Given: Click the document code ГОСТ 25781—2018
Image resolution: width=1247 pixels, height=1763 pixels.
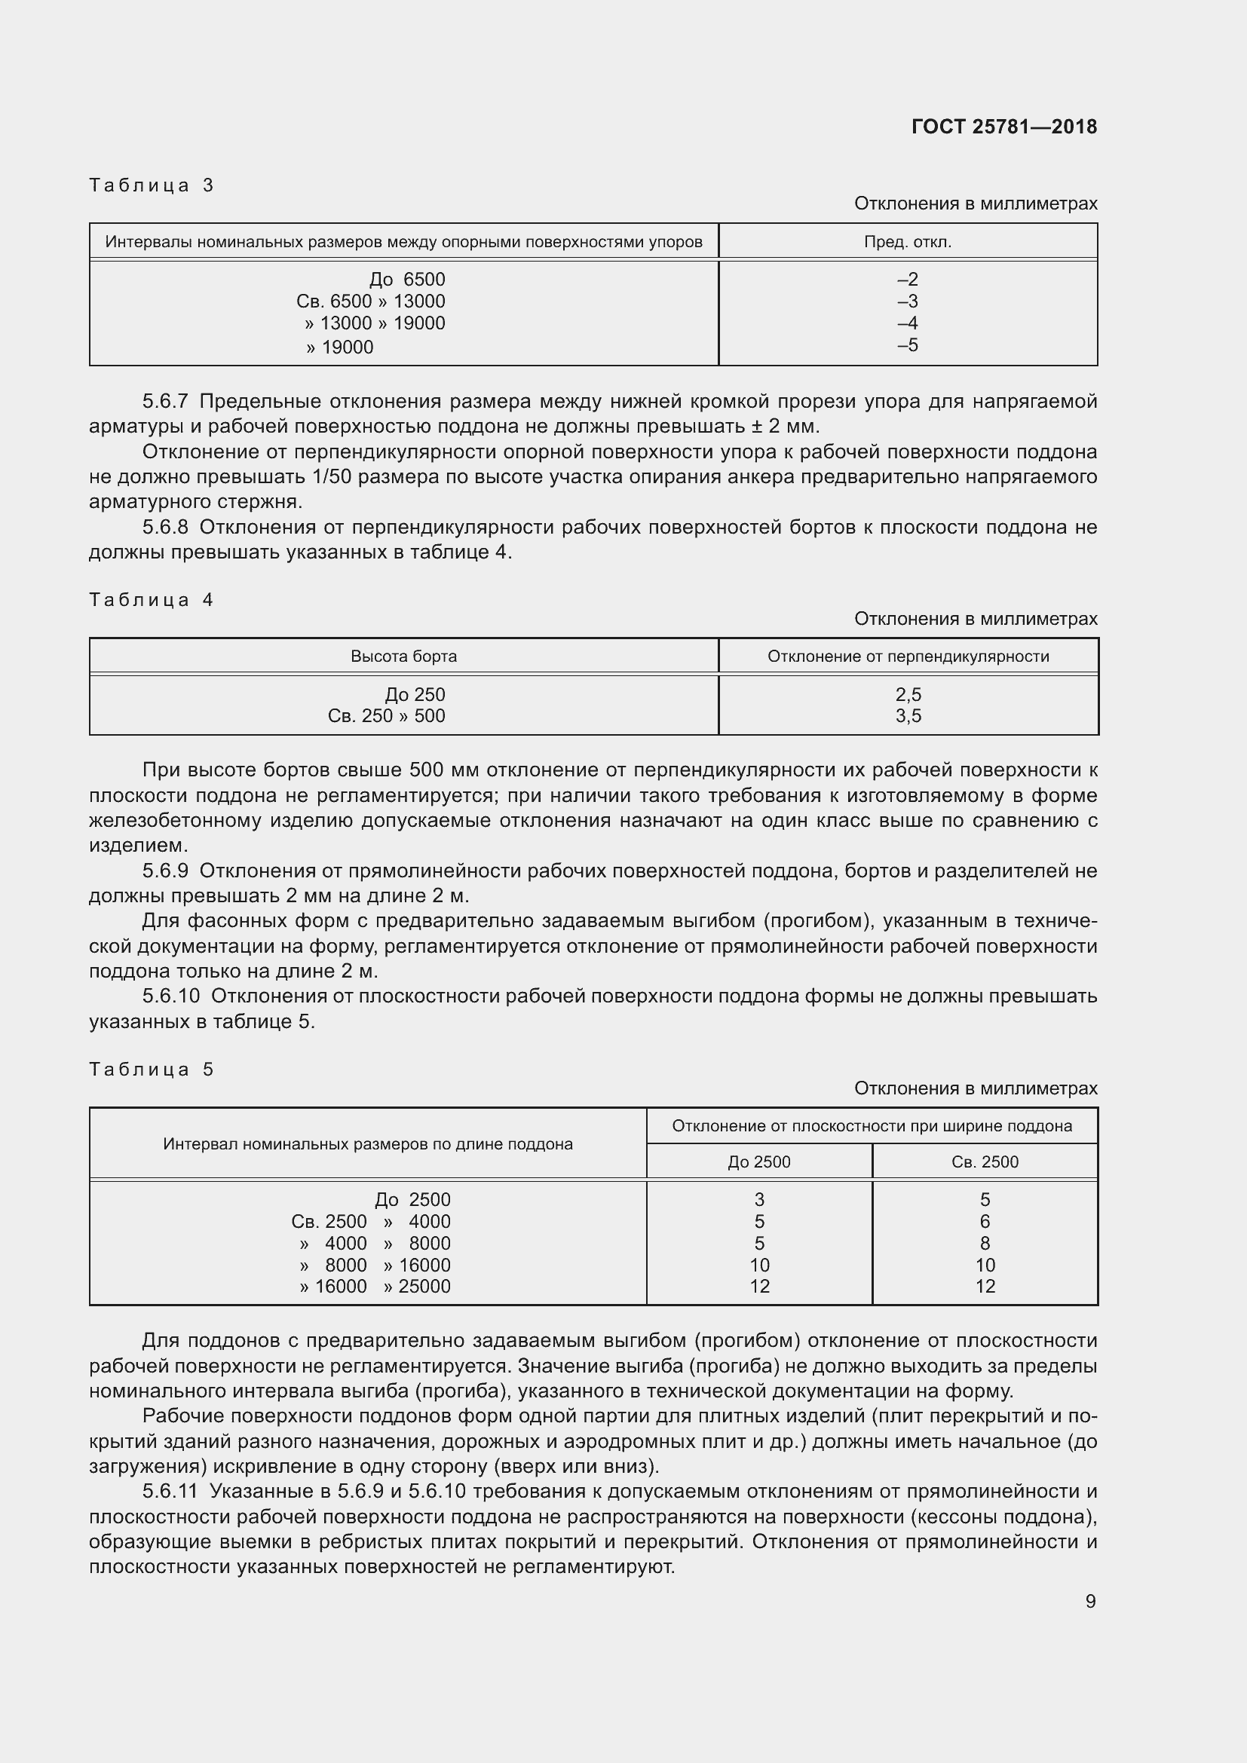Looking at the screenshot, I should pyautogui.click(x=1003, y=127).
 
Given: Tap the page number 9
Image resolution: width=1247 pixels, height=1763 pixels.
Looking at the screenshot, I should pyautogui.click(x=1090, y=1601).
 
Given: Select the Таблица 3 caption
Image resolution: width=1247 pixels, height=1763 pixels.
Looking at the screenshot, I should pyautogui.click(x=152, y=185).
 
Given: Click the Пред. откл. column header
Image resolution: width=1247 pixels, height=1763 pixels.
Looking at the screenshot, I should pyautogui.click(x=908, y=242).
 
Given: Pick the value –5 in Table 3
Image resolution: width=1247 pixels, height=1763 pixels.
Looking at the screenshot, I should pyautogui.click(x=908, y=344).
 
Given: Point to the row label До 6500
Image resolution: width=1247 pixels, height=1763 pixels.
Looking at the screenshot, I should pyautogui.click(x=407, y=280).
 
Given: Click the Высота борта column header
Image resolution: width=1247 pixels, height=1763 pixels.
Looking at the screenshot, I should pyautogui.click(x=404, y=657).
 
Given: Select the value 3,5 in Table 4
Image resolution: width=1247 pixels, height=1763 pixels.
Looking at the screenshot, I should pyautogui.click(x=908, y=715).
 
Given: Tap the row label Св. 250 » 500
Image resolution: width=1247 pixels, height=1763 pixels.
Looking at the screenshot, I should pyautogui.click(x=386, y=715).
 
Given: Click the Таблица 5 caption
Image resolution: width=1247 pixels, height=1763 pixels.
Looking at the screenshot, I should pyautogui.click(x=152, y=1070).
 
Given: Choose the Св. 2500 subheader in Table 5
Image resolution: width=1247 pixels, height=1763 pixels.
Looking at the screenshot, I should pyautogui.click(x=985, y=1162).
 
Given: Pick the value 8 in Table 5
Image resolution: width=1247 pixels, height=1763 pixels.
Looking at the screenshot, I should pyautogui.click(x=985, y=1243).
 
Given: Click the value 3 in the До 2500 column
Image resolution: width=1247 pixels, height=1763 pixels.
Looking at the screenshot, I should pyautogui.click(x=759, y=1199).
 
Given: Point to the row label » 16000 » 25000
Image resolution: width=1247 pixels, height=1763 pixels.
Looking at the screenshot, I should pyautogui.click(x=375, y=1286).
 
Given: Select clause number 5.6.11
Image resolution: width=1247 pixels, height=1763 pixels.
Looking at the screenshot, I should pyautogui.click(x=170, y=1491).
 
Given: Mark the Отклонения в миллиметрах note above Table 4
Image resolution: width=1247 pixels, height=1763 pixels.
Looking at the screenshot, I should pyautogui.click(x=975, y=619).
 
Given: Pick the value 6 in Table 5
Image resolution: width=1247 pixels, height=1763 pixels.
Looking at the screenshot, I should pyautogui.click(x=985, y=1222).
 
